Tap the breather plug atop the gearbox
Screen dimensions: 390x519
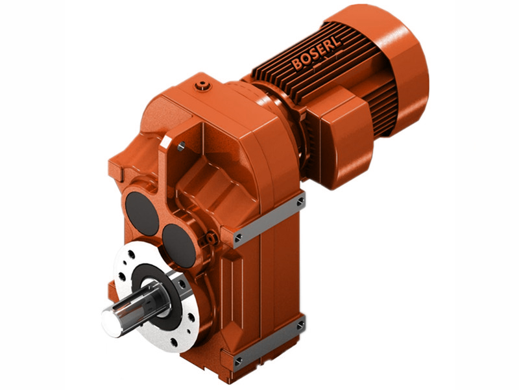pos(204,85)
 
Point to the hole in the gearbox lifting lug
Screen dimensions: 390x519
pos(181,148)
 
